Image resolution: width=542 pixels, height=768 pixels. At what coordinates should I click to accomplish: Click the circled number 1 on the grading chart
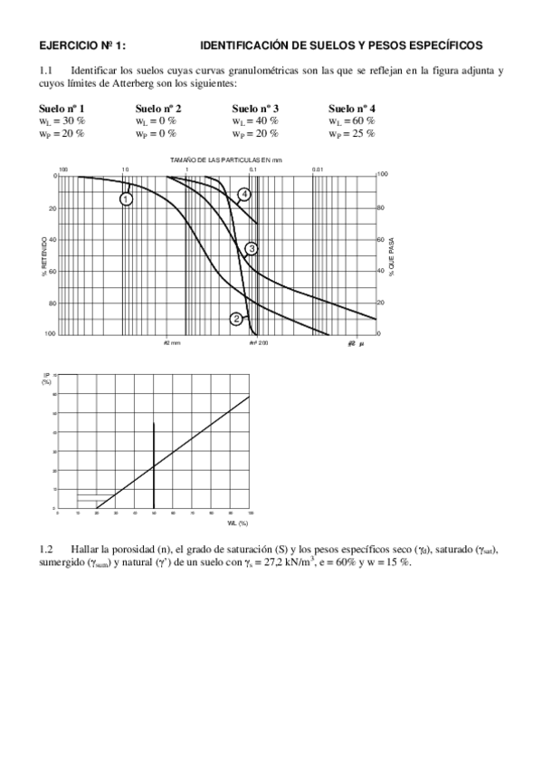[x=127, y=198]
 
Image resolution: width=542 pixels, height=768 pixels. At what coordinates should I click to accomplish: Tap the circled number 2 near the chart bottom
[x=236, y=318]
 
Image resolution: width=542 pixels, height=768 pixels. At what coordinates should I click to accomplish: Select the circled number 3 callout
[x=252, y=248]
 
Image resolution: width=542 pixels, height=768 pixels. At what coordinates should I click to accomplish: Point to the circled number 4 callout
[x=244, y=194]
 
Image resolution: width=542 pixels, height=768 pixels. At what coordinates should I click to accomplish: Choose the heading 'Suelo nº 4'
[x=352, y=109]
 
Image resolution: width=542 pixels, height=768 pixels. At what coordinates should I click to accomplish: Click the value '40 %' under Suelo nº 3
[x=267, y=120]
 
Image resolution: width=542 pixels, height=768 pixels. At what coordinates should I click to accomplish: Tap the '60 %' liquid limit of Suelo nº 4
[x=364, y=120]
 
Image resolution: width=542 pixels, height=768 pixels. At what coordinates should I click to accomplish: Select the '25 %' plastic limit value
[x=364, y=133]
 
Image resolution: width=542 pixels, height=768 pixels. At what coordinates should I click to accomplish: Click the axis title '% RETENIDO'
[x=44, y=257]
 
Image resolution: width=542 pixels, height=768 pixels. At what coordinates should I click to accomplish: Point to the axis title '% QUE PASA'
[x=392, y=256]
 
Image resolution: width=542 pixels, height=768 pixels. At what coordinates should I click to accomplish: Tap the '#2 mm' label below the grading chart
[x=172, y=343]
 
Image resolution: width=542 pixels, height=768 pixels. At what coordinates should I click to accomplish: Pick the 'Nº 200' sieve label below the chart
[x=259, y=343]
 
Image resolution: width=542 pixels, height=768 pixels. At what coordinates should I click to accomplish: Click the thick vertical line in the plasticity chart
[x=154, y=462]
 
